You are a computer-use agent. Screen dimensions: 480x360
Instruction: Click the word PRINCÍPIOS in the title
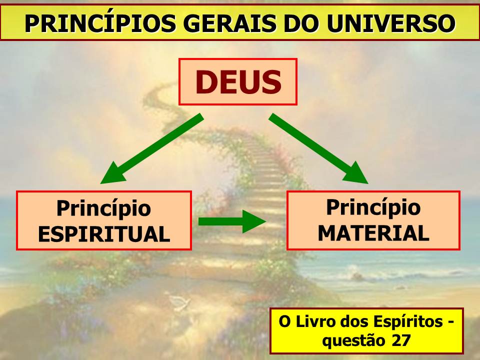(100, 23)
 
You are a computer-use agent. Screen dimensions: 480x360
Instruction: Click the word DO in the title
(302, 23)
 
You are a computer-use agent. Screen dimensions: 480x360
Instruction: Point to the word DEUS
(238, 82)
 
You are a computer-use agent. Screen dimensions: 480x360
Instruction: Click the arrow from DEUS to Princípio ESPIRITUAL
(152, 149)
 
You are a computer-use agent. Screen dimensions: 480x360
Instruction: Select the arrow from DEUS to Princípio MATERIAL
(318, 149)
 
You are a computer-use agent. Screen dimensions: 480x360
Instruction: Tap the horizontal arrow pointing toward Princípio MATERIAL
(232, 221)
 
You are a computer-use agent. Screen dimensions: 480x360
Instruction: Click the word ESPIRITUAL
(104, 234)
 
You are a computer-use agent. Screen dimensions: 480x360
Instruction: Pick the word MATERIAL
(373, 233)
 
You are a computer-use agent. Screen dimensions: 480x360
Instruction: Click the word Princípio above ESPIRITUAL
(104, 209)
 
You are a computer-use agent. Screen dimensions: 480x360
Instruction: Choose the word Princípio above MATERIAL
(373, 208)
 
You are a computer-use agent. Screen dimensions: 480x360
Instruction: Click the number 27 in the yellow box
(401, 340)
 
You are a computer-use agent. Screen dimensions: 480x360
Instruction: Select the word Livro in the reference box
(313, 321)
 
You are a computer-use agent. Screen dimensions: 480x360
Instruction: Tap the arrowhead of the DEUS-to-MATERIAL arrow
(356, 174)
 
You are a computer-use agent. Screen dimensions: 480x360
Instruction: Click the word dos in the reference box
(352, 321)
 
